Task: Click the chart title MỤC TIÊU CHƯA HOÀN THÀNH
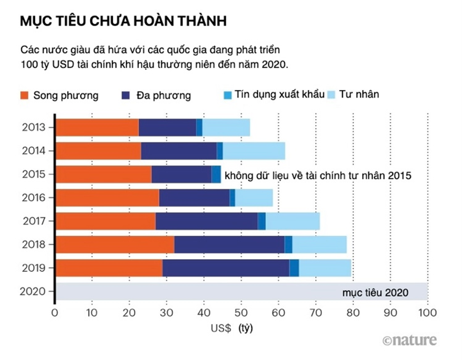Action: click(123, 22)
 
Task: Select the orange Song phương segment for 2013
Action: click(97, 127)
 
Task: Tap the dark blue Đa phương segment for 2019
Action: click(225, 268)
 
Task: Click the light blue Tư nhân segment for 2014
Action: click(254, 151)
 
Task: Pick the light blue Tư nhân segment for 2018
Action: click(319, 244)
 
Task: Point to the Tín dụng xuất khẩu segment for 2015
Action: click(216, 174)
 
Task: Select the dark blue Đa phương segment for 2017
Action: click(206, 221)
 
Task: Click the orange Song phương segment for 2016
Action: click(107, 197)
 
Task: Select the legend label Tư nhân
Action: click(359, 95)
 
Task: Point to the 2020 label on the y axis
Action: click(33, 291)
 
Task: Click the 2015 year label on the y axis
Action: click(33, 174)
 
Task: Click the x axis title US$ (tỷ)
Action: click(231, 328)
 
